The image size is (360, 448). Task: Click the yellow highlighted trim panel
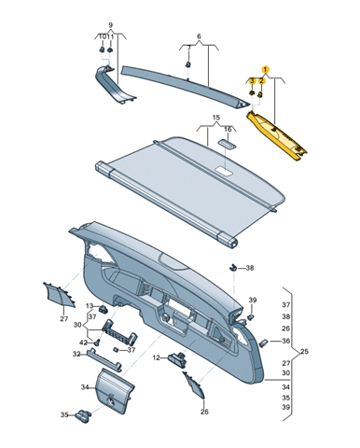point(276,136)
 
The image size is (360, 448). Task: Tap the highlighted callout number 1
point(265,70)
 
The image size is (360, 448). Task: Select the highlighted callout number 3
point(253,81)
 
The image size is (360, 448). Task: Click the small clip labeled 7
point(187,64)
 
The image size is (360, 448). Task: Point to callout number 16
point(228,129)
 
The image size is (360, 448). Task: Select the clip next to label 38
point(232,267)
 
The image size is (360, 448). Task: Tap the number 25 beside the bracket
point(304,352)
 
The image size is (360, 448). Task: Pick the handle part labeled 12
point(176,359)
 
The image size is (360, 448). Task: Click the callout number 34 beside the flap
point(85,387)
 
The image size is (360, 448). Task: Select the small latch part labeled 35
point(82,416)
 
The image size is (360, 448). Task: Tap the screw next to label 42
point(96,342)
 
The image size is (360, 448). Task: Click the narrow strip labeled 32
point(104,359)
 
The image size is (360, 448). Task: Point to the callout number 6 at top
point(199,36)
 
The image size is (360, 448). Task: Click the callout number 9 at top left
point(111,25)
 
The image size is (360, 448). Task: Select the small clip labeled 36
point(263,343)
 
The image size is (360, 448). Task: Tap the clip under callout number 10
point(102,49)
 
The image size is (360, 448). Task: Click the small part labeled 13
point(103,309)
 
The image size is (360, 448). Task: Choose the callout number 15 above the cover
point(216,118)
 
